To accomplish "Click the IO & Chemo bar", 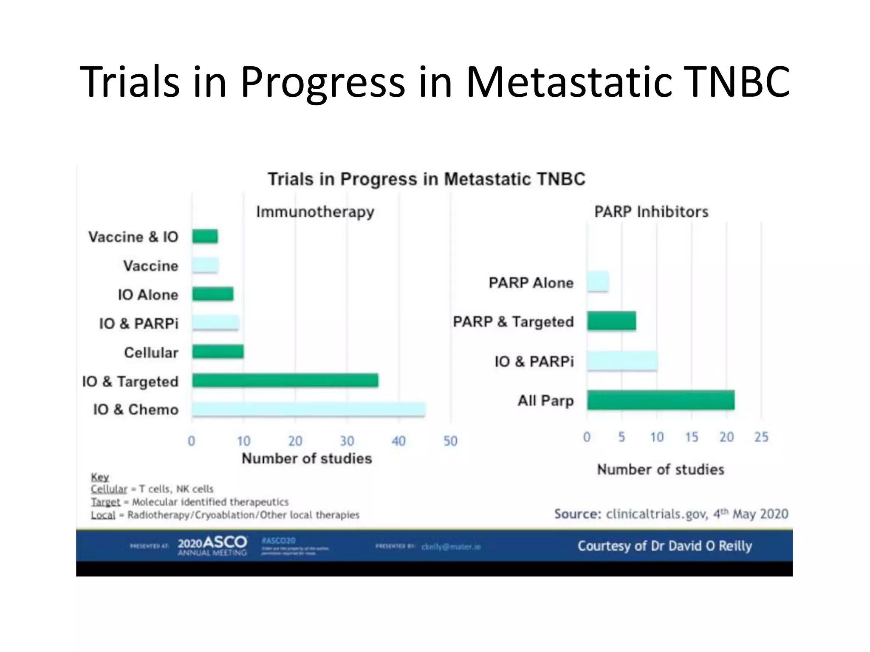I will coord(308,409).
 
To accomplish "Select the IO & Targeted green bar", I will coord(285,380).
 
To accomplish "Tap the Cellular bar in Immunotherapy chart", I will coord(217,351).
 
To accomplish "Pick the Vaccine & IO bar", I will coord(205,236).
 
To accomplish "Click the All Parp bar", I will coord(661,400).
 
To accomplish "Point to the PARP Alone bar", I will coord(598,282).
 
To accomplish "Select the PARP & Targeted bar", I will coord(611,321).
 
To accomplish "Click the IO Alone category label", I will coord(148,295).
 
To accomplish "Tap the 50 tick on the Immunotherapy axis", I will coord(450,441).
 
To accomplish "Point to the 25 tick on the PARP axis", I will coord(761,437).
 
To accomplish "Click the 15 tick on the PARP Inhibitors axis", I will coord(691,437).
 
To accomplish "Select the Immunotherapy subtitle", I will coord(315,211).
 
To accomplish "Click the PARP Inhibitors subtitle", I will coord(651,211).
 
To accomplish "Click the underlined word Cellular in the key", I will coord(109,489).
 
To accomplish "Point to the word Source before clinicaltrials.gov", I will coord(577,514).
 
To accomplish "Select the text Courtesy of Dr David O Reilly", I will coord(664,546).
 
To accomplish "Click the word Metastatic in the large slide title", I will coord(569,81).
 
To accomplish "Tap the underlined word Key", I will coord(100,477).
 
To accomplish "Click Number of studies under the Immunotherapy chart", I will coord(307,458).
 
